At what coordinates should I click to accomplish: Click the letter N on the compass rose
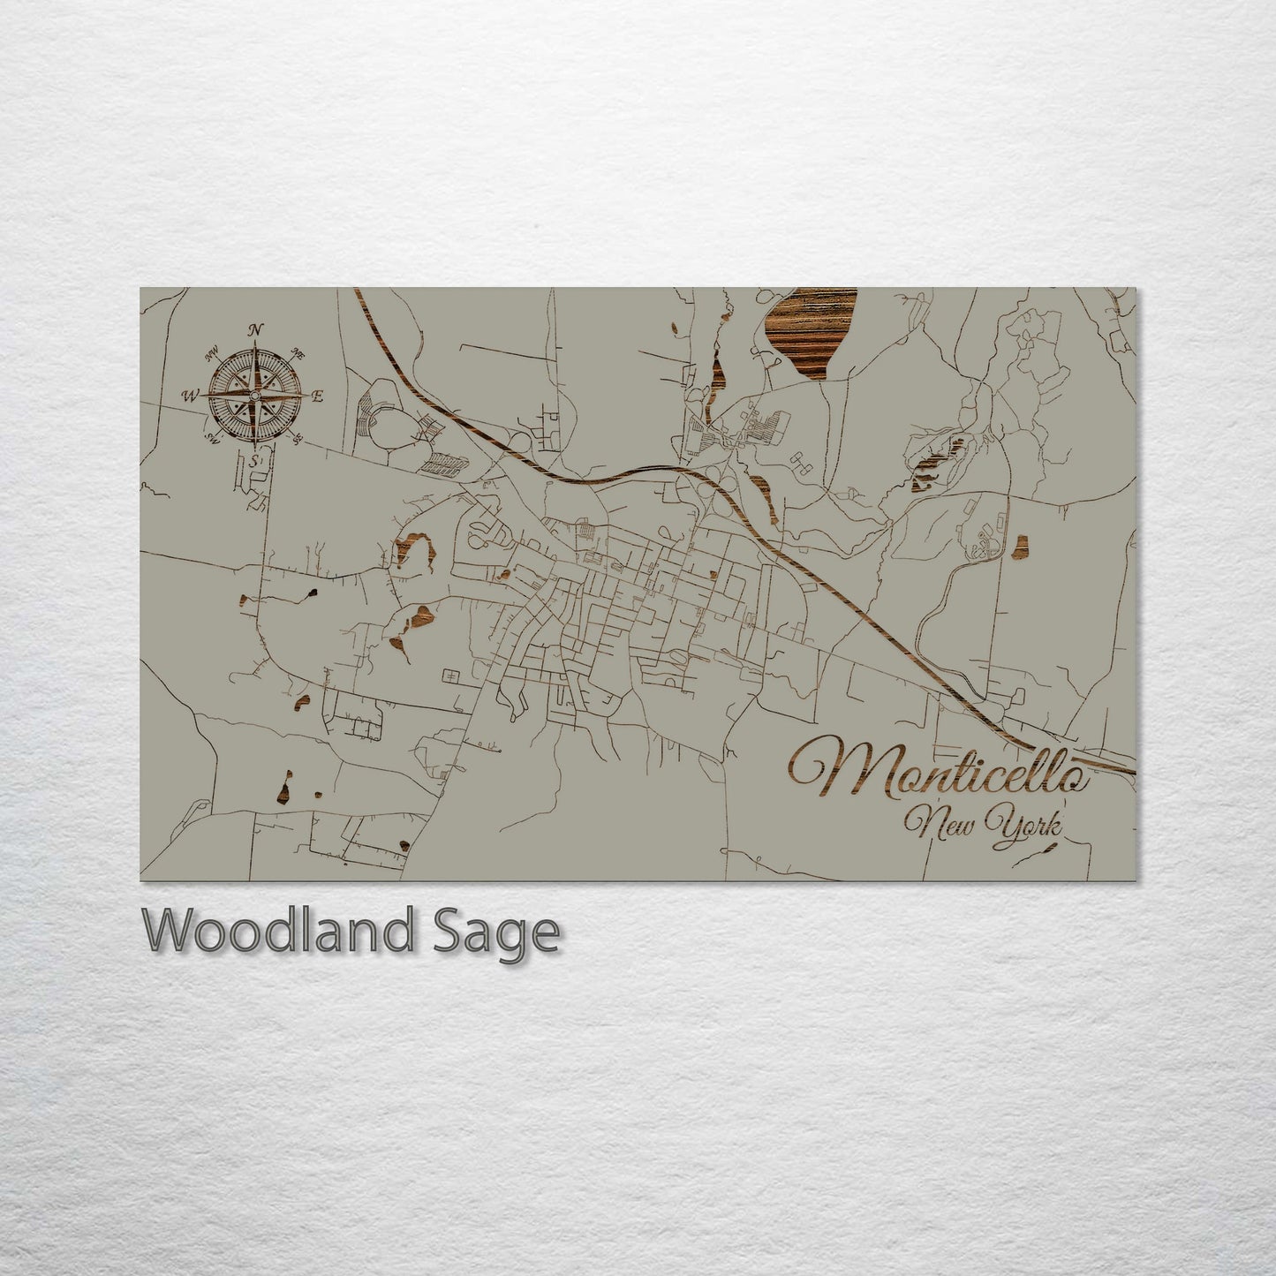[256, 330]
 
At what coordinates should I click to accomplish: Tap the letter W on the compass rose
[190, 396]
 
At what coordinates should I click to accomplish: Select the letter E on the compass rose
[318, 396]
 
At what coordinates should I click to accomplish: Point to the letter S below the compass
[254, 461]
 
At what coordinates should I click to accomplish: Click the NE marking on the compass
[298, 355]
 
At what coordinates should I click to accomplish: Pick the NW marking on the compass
[212, 355]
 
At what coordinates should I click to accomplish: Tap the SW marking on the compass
[212, 436]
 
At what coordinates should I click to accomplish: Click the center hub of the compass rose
[254, 396]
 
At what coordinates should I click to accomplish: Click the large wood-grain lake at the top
[811, 331]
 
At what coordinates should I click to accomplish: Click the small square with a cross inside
[452, 676]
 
